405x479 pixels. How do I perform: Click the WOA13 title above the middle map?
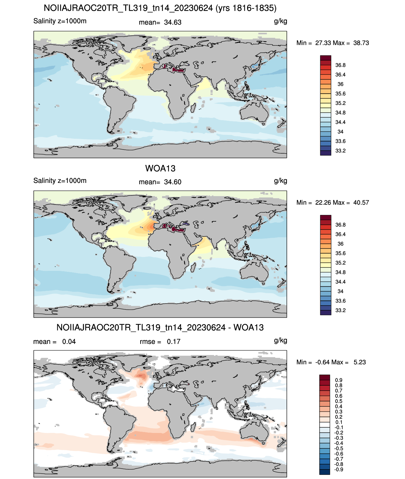click(x=160, y=168)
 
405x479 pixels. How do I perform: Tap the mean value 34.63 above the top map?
click(x=172, y=22)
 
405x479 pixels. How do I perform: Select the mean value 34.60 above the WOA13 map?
click(x=172, y=182)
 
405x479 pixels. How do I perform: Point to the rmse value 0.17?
click(x=173, y=342)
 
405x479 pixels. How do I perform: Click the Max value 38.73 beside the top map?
click(x=361, y=43)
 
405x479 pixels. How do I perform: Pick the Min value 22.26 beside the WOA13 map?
click(x=323, y=202)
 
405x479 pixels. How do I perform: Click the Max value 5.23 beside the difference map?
click(x=360, y=362)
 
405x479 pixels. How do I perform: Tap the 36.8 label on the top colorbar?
click(x=340, y=65)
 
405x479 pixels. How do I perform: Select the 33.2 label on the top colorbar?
click(x=340, y=151)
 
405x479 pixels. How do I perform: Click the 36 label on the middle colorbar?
click(x=340, y=244)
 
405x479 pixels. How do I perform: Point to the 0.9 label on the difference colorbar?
click(x=338, y=380)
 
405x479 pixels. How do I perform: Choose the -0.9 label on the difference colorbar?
click(x=338, y=470)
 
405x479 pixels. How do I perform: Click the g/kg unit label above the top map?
click(x=281, y=21)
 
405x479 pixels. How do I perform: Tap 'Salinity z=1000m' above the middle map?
click(x=60, y=180)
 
